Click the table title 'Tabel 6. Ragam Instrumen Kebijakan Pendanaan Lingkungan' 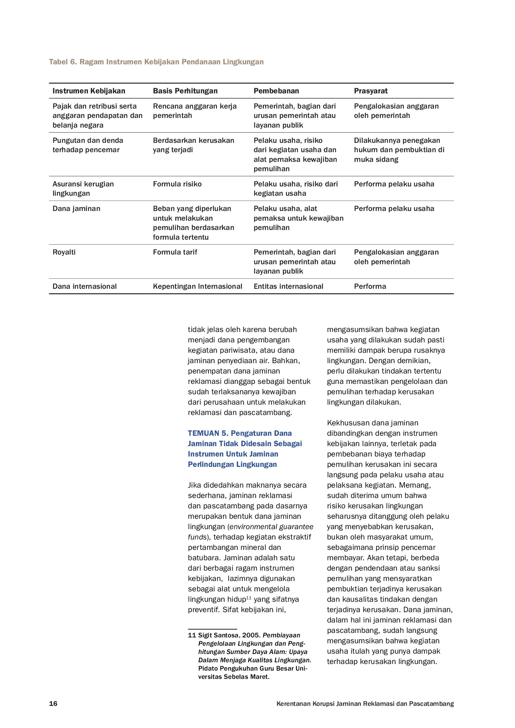156,62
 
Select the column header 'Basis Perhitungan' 185,91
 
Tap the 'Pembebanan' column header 276,91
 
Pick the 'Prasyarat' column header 371,91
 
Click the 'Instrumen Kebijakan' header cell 89,91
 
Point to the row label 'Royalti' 64,252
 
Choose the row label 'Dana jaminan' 76,209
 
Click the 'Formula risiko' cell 177,184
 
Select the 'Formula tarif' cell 175,252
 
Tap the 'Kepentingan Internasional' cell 198,286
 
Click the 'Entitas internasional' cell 288,286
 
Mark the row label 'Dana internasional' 84,286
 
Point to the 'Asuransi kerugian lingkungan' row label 83,188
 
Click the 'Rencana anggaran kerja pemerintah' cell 195,111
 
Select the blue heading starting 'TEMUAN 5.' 245,449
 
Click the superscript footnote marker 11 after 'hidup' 249,598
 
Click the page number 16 53,703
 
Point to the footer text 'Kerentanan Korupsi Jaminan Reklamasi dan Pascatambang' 365,703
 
